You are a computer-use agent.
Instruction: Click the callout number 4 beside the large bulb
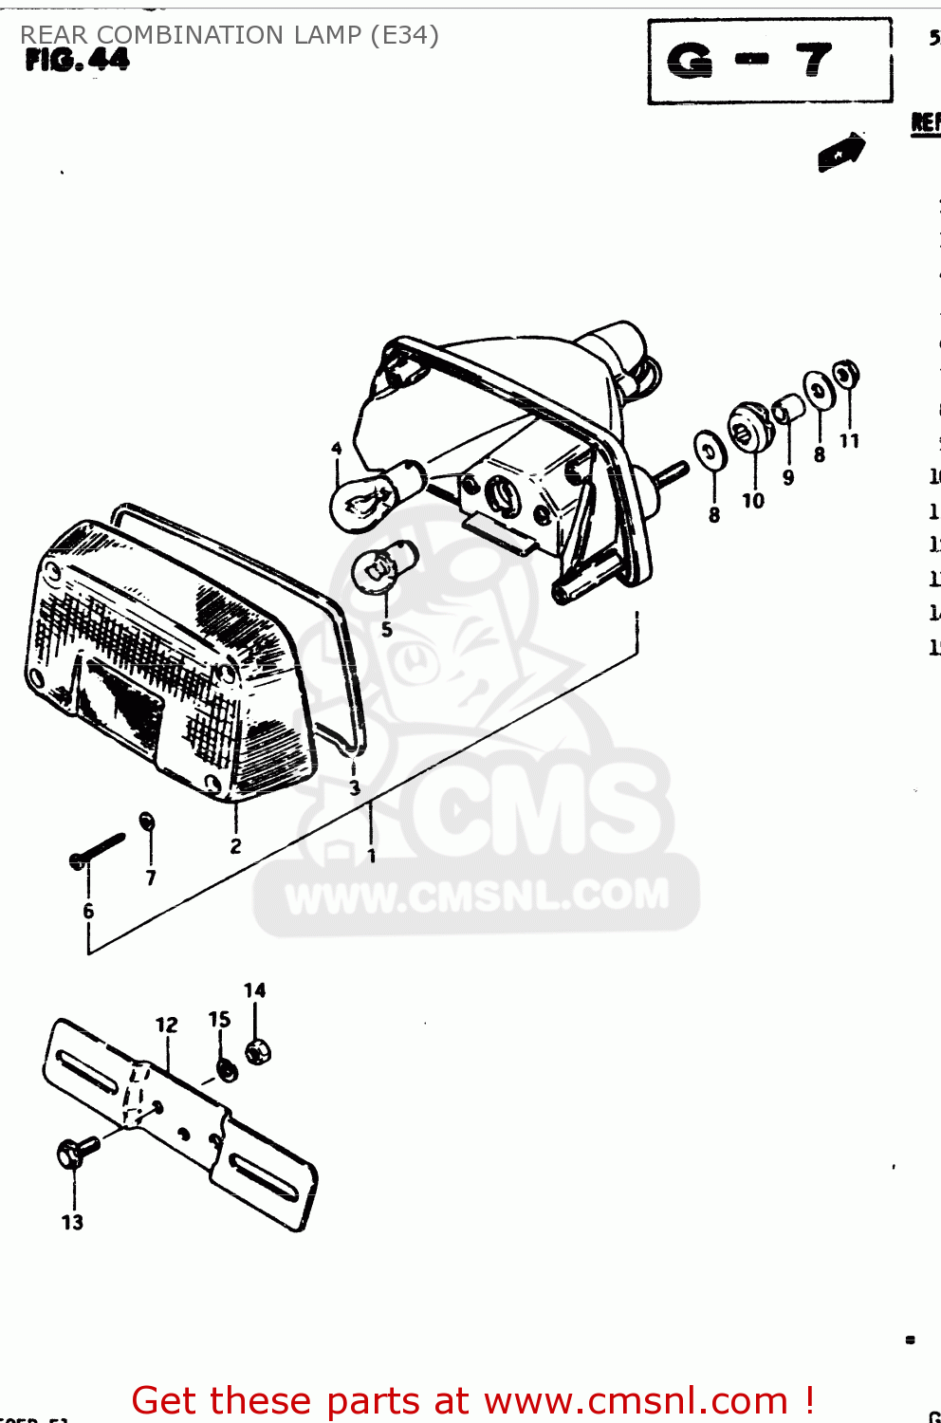click(337, 449)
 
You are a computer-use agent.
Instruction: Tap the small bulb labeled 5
click(382, 567)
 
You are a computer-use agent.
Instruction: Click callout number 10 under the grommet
click(753, 501)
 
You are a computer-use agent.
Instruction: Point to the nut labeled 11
click(845, 373)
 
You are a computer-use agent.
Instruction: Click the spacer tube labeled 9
click(788, 409)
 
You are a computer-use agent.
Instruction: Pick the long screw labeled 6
click(98, 850)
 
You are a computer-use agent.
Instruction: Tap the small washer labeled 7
click(147, 821)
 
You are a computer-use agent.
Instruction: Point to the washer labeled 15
click(227, 1069)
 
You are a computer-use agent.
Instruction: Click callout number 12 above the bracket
click(166, 1026)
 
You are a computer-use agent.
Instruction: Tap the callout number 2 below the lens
click(235, 846)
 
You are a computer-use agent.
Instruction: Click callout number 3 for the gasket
click(355, 788)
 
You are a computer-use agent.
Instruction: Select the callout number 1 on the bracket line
click(372, 857)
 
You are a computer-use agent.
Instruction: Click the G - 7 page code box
click(769, 61)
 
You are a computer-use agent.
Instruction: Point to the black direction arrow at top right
click(840, 152)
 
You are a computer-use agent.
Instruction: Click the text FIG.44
click(77, 61)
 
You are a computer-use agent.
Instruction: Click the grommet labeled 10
click(748, 430)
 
